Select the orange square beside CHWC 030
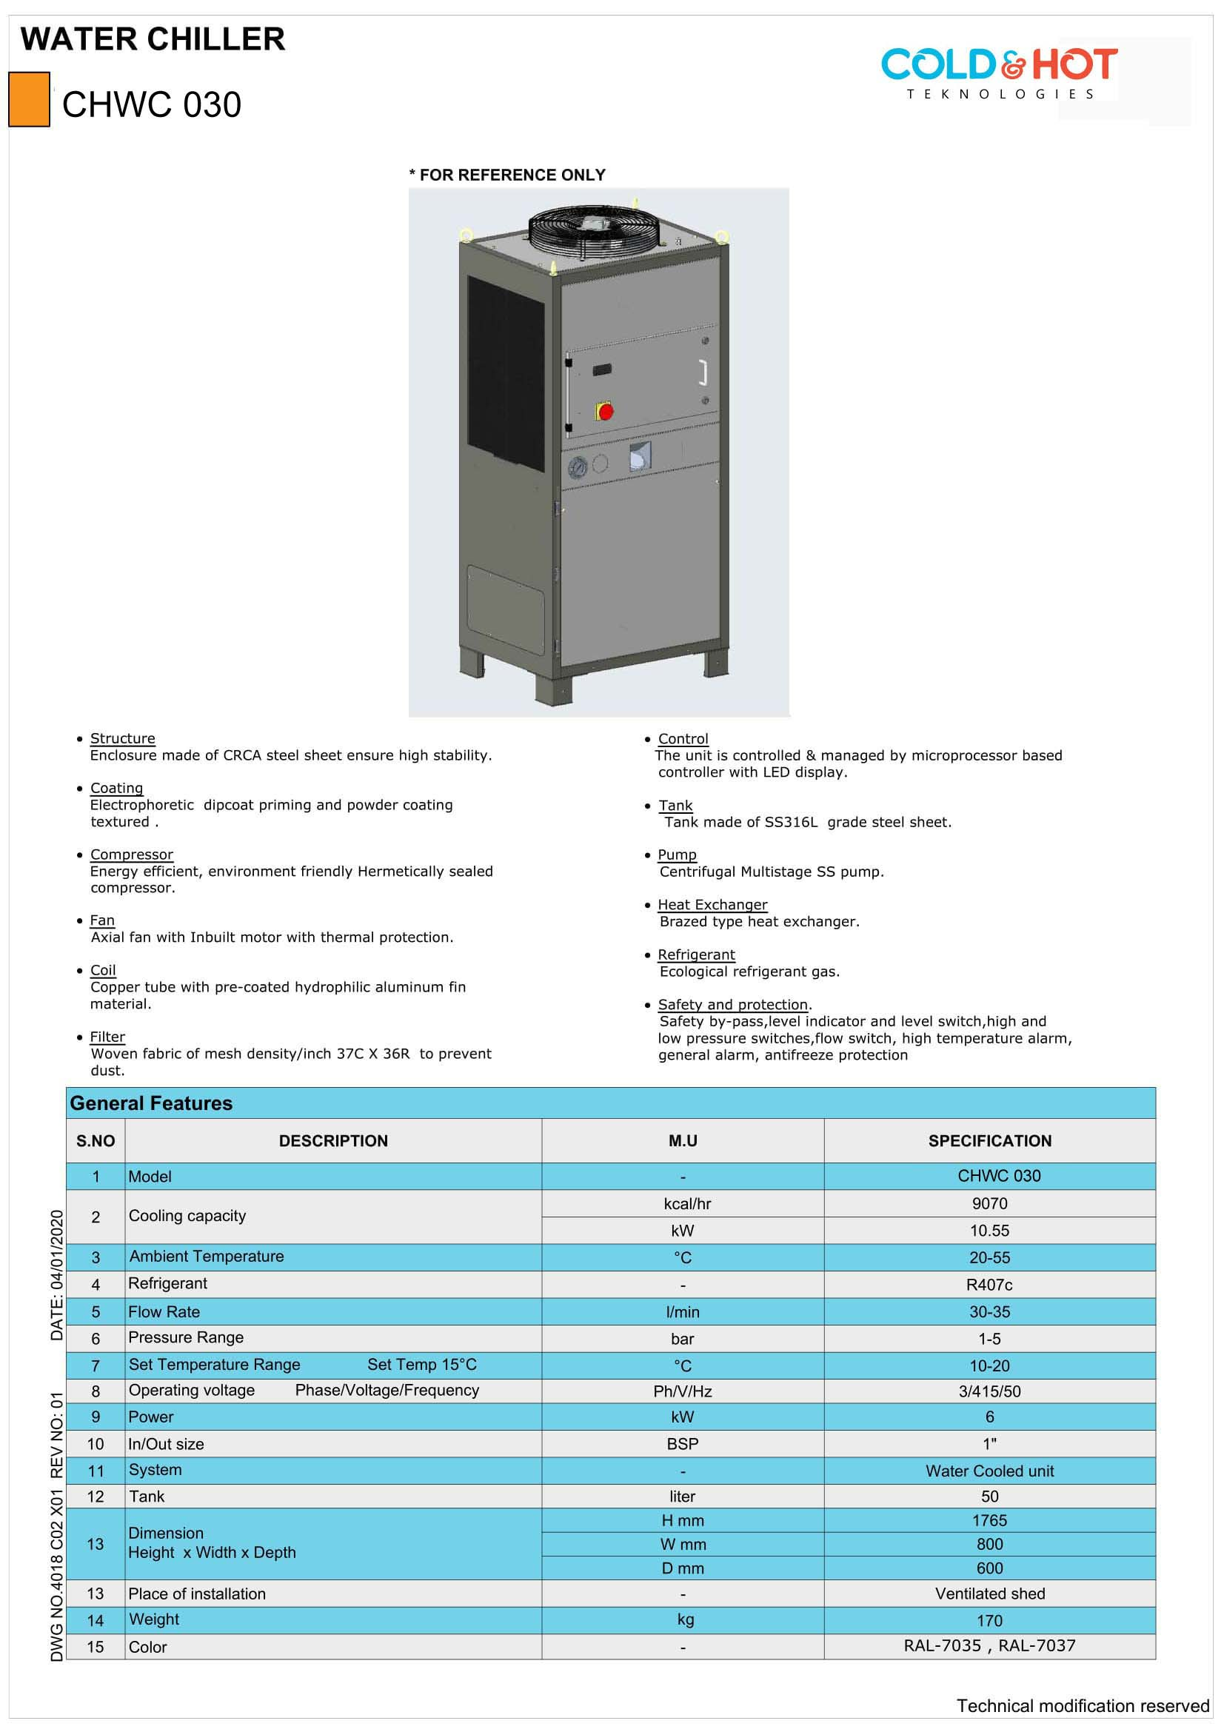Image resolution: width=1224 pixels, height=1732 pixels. pos(29,99)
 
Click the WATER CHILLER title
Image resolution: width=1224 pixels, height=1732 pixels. pos(153,39)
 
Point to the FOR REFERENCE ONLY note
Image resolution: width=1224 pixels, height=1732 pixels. pos(507,175)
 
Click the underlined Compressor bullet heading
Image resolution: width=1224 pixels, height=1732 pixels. pos(131,854)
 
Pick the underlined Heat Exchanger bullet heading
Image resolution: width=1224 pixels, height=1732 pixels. pos(712,904)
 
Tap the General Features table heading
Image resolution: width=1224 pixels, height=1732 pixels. pos(151,1103)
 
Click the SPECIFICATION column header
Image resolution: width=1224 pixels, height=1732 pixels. pos(989,1140)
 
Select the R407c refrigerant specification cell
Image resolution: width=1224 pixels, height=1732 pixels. pos(989,1284)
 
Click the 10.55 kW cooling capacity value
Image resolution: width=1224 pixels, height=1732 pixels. pos(989,1231)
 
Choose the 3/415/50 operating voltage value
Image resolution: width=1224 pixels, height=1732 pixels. pos(989,1391)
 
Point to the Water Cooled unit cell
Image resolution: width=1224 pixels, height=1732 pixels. pos(989,1471)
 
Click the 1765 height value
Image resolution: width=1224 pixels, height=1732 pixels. pos(989,1520)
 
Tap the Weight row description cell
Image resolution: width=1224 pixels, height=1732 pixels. pos(154,1619)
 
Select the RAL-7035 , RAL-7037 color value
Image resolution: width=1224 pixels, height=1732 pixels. pos(989,1645)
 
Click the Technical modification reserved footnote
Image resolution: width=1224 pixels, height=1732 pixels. pos(1083,1705)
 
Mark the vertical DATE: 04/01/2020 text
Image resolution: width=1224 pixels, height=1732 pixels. pos(56,1275)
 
